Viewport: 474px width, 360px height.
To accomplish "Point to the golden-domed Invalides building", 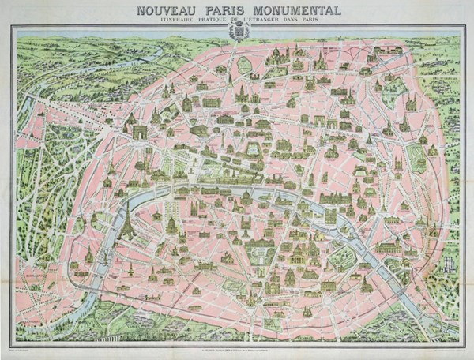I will [171, 223].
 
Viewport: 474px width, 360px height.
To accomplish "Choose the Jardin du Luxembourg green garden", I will [236, 251].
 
